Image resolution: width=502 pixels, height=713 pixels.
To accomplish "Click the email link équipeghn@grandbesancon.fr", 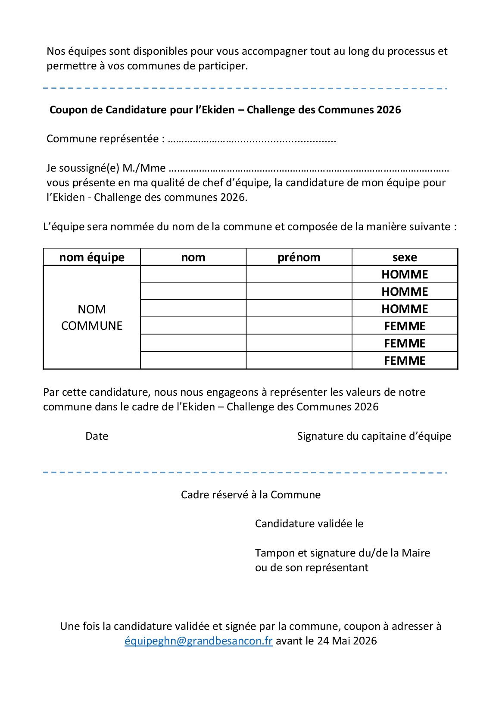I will (198, 641).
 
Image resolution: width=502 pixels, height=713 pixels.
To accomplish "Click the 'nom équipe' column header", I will (92, 257).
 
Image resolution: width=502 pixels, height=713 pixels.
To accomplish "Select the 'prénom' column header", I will (299, 257).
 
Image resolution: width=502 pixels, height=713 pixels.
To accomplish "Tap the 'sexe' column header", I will (405, 257).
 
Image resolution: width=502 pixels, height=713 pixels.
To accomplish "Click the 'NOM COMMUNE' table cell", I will (92, 317).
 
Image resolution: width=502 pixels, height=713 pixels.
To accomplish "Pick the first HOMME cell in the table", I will (405, 275).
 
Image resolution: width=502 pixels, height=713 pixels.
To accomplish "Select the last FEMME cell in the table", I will (405, 361).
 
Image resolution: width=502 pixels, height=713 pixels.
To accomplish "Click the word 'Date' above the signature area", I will (97, 436).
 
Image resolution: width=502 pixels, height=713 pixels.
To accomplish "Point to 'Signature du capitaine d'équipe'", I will (374, 436).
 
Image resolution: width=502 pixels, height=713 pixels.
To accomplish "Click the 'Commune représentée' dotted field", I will (252, 139).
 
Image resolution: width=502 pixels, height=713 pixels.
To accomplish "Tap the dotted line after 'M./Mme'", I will (309, 169).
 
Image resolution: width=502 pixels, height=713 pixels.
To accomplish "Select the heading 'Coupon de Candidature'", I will (225, 110).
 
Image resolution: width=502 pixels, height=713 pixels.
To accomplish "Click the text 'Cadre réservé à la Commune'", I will (250, 495).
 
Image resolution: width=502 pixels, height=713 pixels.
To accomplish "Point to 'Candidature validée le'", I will (309, 524).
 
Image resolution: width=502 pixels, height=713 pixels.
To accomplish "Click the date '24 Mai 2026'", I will (347, 641).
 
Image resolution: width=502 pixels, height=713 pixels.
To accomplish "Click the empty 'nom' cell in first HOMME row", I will (193, 275).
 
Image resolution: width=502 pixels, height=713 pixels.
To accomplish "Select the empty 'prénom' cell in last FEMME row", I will (299, 361).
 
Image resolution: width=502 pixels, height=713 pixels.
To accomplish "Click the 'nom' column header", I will (193, 257).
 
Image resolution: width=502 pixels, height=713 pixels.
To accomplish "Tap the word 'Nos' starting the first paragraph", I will (56, 51).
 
